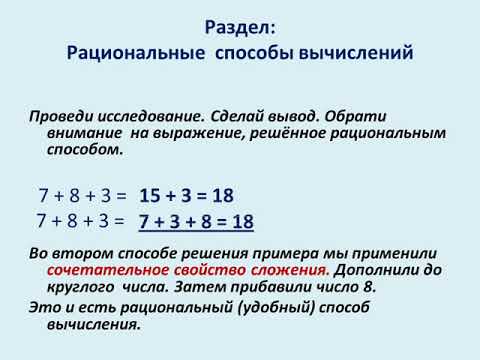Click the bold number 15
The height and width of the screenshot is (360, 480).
click(x=153, y=195)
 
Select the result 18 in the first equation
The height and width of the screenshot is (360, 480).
click(x=221, y=195)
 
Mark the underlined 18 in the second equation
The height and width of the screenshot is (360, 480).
click(x=241, y=221)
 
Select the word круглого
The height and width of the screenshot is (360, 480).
click(x=81, y=287)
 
